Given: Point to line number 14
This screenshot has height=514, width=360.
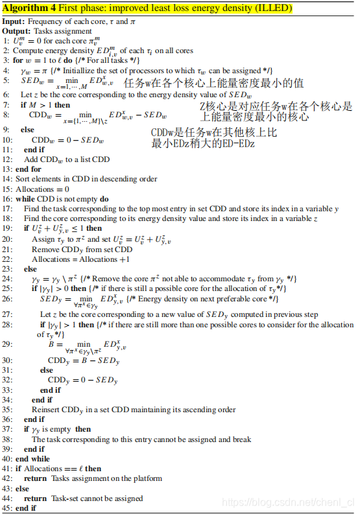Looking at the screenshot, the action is point(6,178).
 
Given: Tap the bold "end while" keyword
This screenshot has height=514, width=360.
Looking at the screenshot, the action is point(30,458).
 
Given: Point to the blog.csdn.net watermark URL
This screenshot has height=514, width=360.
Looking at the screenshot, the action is point(286,502).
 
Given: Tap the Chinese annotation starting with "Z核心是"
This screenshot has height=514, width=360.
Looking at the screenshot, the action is point(276,111).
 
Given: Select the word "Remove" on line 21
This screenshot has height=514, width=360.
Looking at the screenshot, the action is point(45,249).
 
